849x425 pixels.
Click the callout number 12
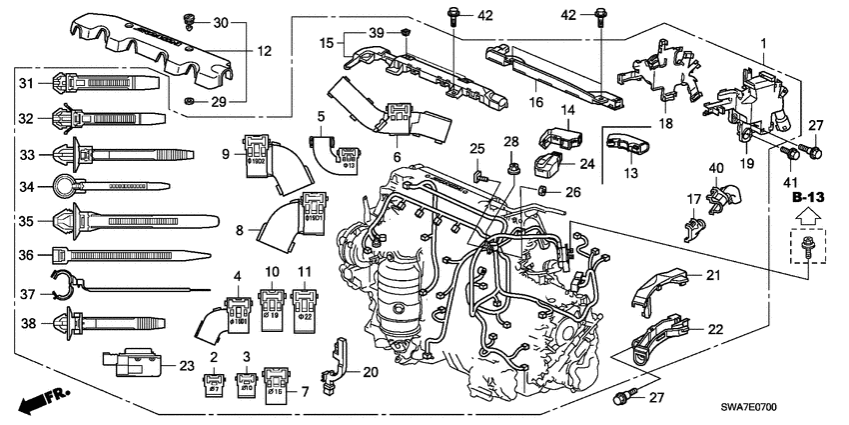click(265, 51)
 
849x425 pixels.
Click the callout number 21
click(712, 275)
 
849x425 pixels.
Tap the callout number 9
click(226, 154)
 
